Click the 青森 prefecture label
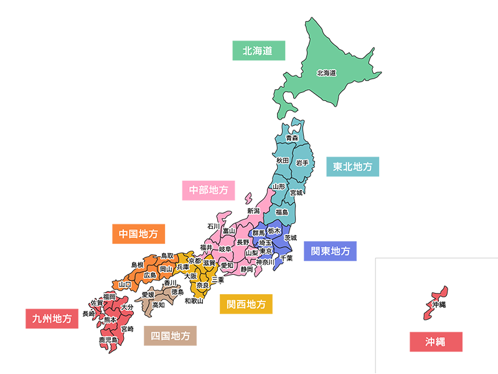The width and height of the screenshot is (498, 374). click(x=292, y=137)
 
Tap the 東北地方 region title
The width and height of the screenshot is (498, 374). click(x=353, y=167)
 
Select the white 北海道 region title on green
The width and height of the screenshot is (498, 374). click(x=258, y=50)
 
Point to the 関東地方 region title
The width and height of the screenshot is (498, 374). click(x=331, y=251)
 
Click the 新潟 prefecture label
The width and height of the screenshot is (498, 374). click(x=253, y=211)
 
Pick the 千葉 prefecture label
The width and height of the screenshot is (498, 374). click(x=287, y=258)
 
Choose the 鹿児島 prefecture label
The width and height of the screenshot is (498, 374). click(x=108, y=340)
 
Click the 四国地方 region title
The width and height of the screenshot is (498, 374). click(x=171, y=336)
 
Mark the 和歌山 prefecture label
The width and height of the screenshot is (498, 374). click(x=194, y=300)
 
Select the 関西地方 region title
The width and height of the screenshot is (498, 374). click(x=247, y=305)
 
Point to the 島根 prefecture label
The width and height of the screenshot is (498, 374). click(x=138, y=265)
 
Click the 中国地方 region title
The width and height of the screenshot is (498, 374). click(x=138, y=234)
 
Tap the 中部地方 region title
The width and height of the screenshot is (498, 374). click(x=209, y=189)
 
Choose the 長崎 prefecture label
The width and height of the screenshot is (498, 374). click(x=89, y=314)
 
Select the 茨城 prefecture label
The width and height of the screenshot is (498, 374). click(x=291, y=237)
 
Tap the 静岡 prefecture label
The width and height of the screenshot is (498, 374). click(x=247, y=269)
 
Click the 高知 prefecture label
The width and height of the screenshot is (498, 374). click(x=159, y=305)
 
